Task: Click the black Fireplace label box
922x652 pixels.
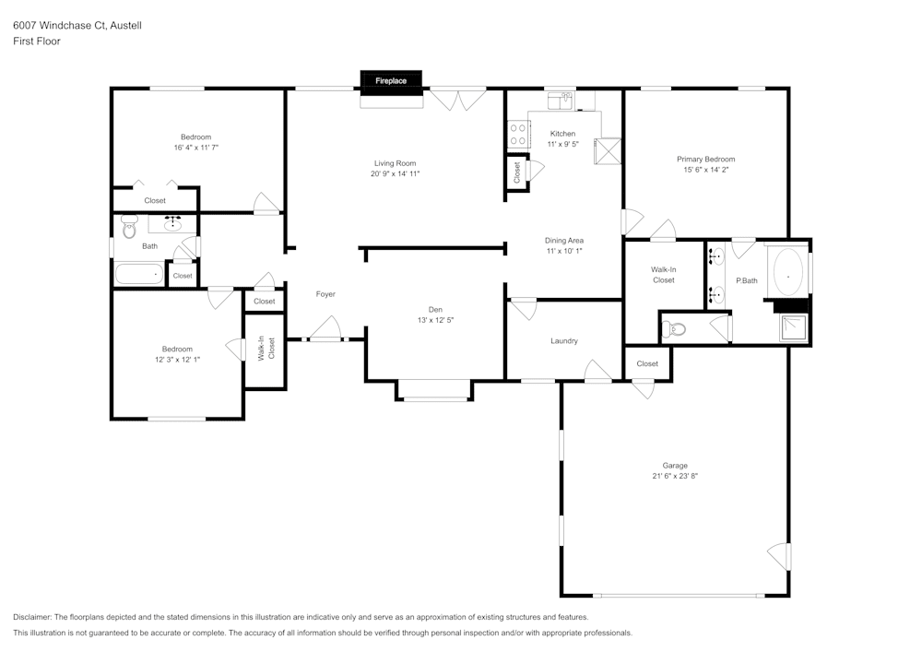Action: [390, 81]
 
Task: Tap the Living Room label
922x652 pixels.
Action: [395, 163]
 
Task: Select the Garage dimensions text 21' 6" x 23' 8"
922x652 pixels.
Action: [675, 477]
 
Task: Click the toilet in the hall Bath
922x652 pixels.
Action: [129, 221]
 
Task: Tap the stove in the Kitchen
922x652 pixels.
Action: [517, 135]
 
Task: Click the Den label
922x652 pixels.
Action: [435, 310]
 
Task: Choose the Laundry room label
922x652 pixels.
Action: [564, 341]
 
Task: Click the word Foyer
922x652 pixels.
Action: [325, 294]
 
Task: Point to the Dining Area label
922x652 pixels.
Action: [564, 240]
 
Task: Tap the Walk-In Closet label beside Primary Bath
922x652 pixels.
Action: [664, 274]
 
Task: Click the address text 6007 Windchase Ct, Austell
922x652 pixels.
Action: [77, 26]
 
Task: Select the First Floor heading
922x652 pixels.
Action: [37, 41]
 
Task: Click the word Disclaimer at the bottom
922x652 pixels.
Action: [32, 617]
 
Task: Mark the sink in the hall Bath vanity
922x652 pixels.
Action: [172, 223]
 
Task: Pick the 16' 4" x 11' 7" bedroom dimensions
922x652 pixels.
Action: [195, 148]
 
